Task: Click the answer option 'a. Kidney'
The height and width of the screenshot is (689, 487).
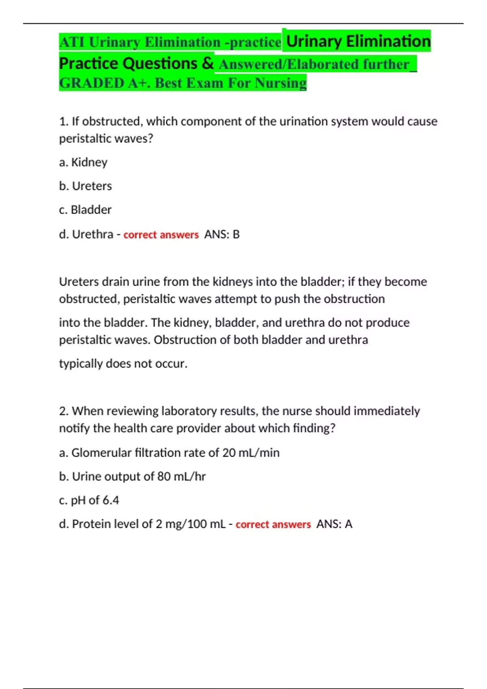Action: tap(83, 162)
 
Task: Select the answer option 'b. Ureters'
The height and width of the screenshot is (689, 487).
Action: tap(85, 186)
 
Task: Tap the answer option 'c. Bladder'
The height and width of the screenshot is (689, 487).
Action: tap(85, 210)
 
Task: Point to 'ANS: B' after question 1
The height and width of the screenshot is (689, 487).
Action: tap(222, 234)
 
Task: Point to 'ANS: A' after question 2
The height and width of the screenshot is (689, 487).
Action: tap(334, 524)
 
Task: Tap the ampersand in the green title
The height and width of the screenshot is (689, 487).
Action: tap(207, 63)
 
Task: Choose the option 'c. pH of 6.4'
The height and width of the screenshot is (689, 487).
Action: tap(89, 500)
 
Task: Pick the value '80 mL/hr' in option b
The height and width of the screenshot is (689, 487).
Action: tap(181, 476)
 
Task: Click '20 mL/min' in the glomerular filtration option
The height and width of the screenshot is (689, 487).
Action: tap(251, 452)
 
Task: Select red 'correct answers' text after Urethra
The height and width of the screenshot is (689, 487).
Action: tap(161, 235)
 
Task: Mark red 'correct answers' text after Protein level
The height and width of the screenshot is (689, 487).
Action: tap(273, 524)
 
